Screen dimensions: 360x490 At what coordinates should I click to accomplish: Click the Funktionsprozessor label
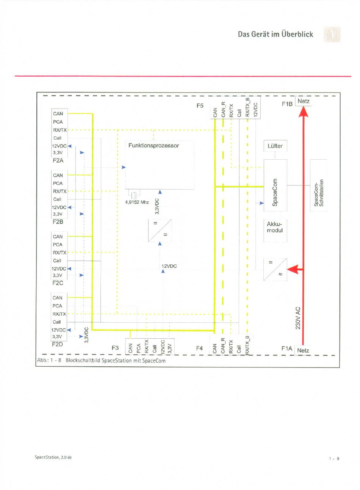coord(153,146)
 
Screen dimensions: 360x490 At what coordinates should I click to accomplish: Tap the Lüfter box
coord(275,146)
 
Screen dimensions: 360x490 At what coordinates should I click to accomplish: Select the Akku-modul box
coord(275,230)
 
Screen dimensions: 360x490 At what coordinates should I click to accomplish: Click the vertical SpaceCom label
coord(275,192)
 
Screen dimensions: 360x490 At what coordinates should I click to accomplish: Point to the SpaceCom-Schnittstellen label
coord(318,193)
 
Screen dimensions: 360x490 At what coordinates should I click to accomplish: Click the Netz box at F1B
coord(304,101)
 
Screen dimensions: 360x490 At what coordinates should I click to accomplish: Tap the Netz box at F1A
coord(303,350)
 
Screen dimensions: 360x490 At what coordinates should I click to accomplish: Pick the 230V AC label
coord(298,318)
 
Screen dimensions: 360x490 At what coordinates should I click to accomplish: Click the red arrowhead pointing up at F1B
coord(304,112)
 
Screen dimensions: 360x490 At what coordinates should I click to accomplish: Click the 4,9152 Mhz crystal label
coord(137,202)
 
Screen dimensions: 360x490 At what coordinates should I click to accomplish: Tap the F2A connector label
coord(58,160)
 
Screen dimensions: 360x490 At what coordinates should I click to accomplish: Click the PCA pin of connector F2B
coord(58,183)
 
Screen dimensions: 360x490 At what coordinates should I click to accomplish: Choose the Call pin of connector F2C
coord(57,261)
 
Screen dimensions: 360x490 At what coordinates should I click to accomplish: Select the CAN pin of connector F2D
coord(57,298)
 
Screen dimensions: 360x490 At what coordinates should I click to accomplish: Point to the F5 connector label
coord(200,106)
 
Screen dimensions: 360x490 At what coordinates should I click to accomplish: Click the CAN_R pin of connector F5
coord(223,109)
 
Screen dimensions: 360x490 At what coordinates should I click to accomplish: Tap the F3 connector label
coord(115,348)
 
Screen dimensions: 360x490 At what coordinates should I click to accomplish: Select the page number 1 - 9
coord(334,459)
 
